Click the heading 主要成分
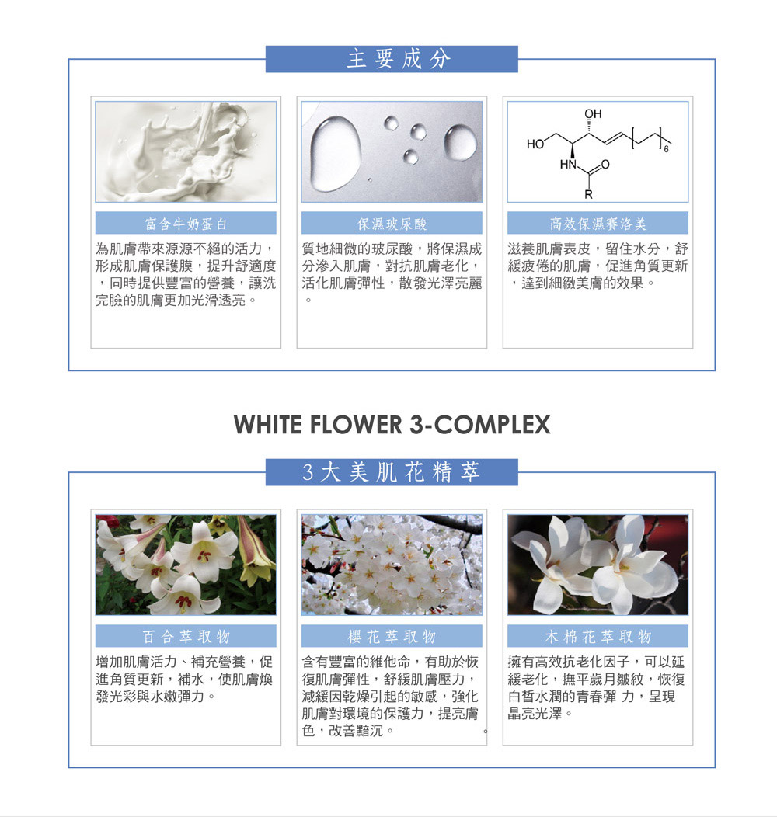tap(399, 59)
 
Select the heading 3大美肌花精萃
tap(391, 472)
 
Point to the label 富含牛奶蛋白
tap(186, 224)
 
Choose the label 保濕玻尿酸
tap(392, 224)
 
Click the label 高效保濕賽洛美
tap(598, 224)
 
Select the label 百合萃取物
tap(186, 636)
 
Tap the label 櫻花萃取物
tap(392, 636)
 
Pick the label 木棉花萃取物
tap(598, 636)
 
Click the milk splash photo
tap(186, 151)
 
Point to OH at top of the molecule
tap(592, 113)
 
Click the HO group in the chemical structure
tap(535, 144)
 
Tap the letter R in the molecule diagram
tap(588, 195)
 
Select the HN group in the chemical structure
tap(568, 165)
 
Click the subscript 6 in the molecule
tap(666, 150)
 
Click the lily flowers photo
tap(186, 565)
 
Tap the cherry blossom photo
tap(392, 565)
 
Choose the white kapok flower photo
tap(598, 565)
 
